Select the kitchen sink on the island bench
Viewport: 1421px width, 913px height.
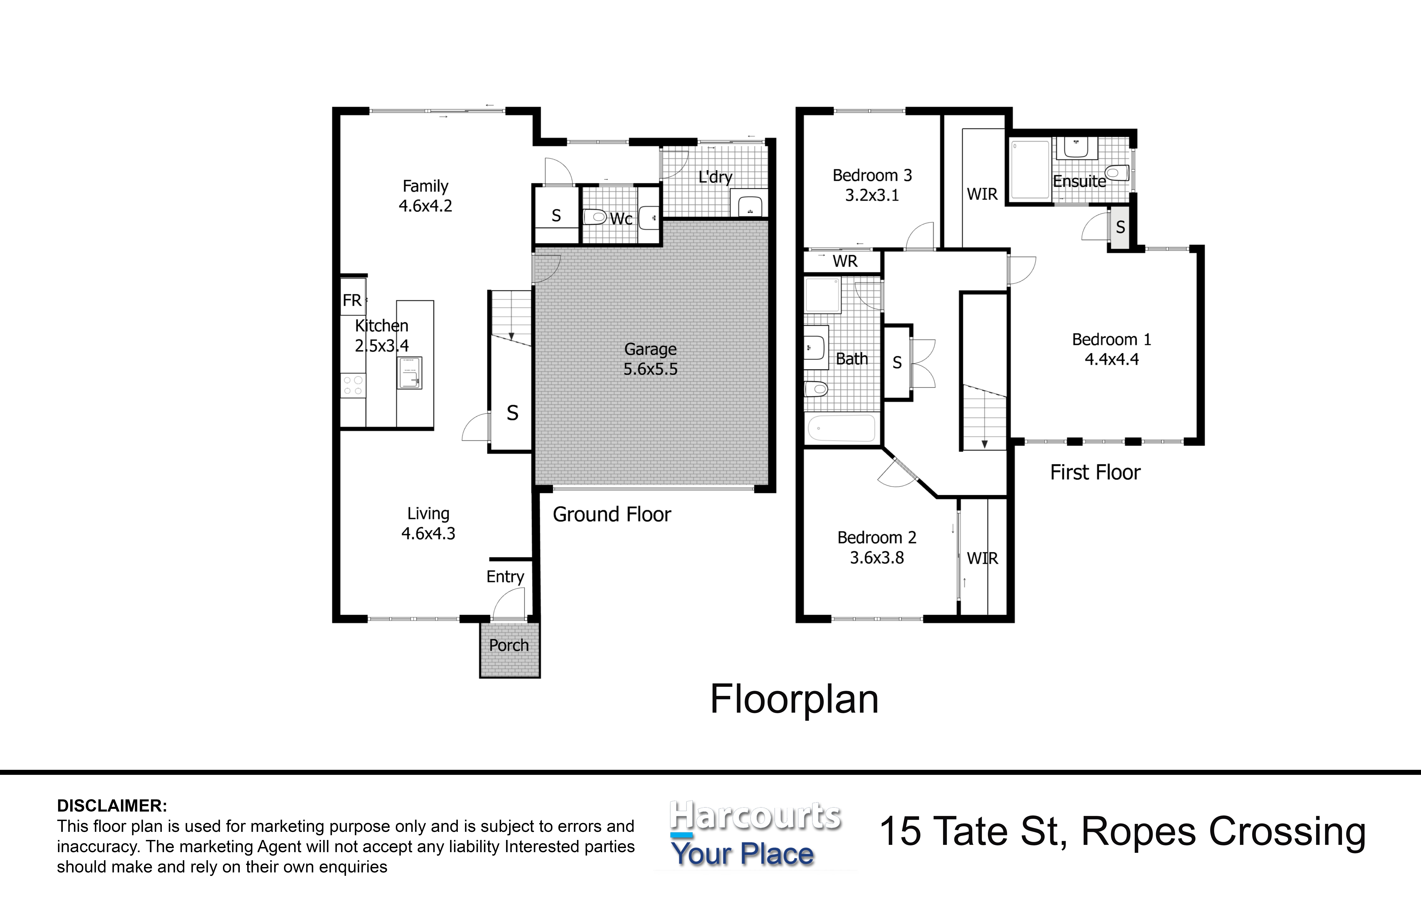click(409, 373)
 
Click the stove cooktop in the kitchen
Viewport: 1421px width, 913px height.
click(353, 385)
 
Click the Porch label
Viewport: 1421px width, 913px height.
click(509, 645)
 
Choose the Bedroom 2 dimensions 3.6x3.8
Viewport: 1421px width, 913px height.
click(877, 558)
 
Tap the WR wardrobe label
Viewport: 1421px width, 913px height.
click(844, 261)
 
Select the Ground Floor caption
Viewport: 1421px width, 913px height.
click(612, 515)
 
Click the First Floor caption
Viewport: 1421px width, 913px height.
click(1095, 473)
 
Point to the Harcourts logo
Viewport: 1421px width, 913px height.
click(755, 835)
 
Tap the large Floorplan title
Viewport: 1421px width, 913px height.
click(794, 700)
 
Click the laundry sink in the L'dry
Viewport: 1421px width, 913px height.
click(748, 203)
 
